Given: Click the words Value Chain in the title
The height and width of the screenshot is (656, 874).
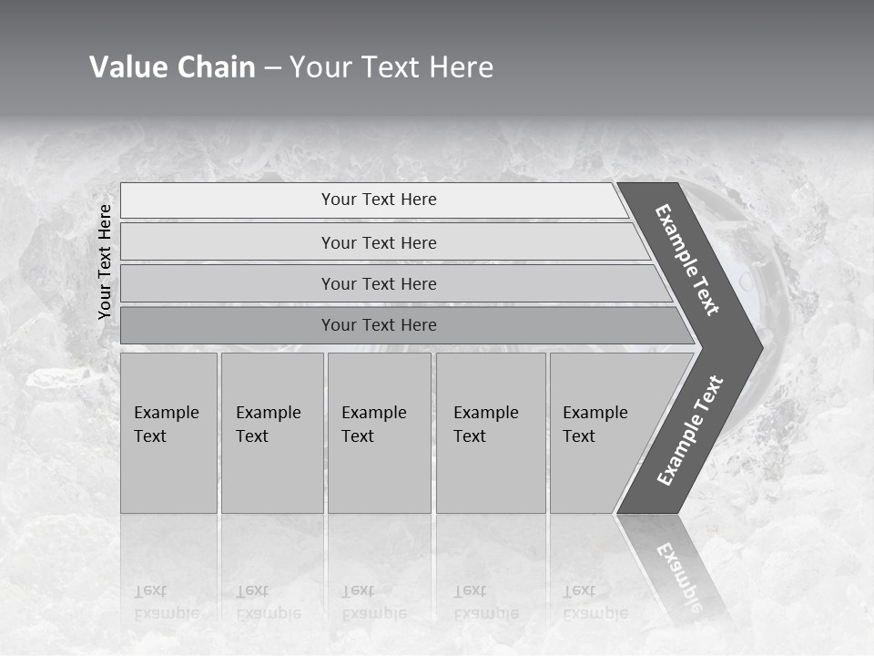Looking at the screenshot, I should (172, 67).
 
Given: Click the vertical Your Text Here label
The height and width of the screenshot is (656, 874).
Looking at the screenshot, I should (105, 261).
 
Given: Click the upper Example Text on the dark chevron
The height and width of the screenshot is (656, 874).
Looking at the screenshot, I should (687, 260).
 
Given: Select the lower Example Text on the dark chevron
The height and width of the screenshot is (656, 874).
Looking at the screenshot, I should (690, 430).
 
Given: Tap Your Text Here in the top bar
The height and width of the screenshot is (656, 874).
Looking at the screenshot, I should (379, 200).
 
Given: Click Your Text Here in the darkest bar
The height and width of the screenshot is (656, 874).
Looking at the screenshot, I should (379, 325).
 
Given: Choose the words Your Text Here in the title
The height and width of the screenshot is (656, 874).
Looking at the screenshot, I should (391, 67).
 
